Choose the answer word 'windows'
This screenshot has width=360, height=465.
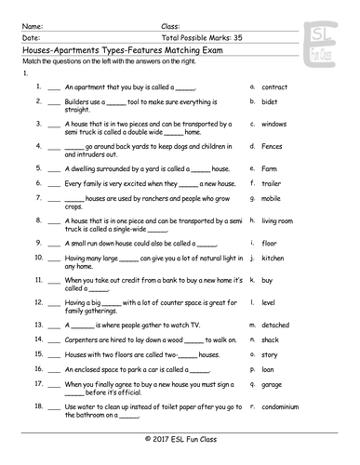coord(274,124)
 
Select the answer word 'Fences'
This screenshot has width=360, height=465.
coord(273,146)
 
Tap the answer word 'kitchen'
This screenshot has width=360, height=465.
coord(273,258)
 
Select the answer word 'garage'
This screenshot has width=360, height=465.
coord(273,383)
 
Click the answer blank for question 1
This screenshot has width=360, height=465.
coord(53,86)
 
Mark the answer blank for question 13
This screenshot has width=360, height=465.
coord(53,325)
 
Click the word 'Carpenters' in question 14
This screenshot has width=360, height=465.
coord(83,341)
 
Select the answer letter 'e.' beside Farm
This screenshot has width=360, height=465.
coord(253,168)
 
